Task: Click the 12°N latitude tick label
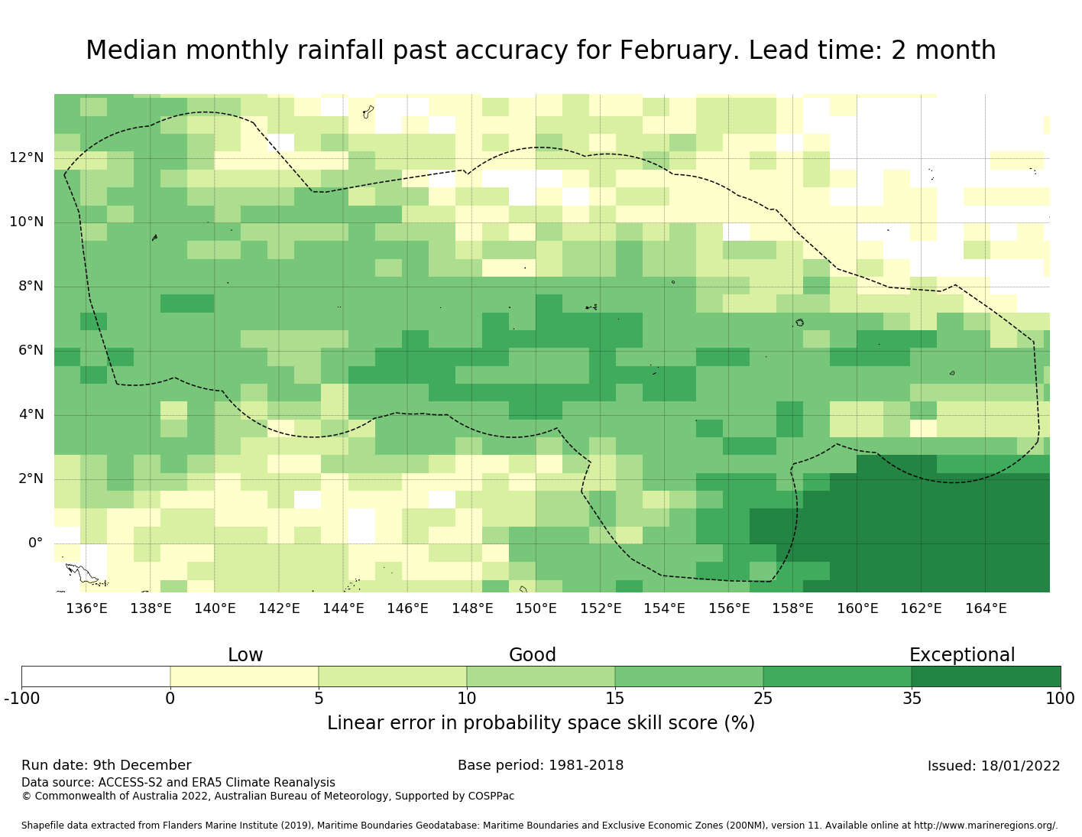pos(27,158)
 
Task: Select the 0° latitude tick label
pos(35,543)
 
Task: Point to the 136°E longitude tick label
pos(86,608)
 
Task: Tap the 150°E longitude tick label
pos(536,608)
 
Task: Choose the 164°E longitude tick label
pos(986,608)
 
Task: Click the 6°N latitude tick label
pos(31,351)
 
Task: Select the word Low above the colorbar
pos(245,655)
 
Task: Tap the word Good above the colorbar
pos(533,655)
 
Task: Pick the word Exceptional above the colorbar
pos(962,655)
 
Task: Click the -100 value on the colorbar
pos(21,698)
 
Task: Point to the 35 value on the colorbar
pos(912,698)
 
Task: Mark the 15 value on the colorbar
pos(615,698)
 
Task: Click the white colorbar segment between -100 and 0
pos(96,676)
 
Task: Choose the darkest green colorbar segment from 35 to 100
pos(986,676)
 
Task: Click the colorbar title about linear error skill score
pos(541,723)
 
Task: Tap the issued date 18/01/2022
pos(993,766)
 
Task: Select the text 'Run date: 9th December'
pos(106,765)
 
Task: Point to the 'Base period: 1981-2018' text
pos(540,765)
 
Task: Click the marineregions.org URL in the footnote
pos(986,826)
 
